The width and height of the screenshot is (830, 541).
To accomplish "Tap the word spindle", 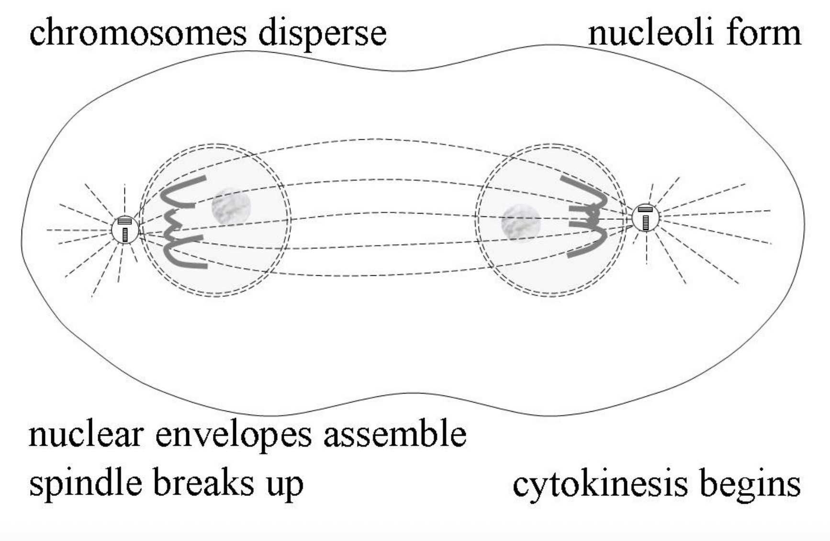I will [x=86, y=484].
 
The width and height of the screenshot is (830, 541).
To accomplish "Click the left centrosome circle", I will [x=125, y=230].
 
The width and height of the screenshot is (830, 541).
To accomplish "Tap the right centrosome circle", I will [x=645, y=217].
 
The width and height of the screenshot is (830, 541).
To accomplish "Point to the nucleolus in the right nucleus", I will [x=521, y=222].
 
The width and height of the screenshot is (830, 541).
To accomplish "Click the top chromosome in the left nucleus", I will [x=177, y=193].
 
